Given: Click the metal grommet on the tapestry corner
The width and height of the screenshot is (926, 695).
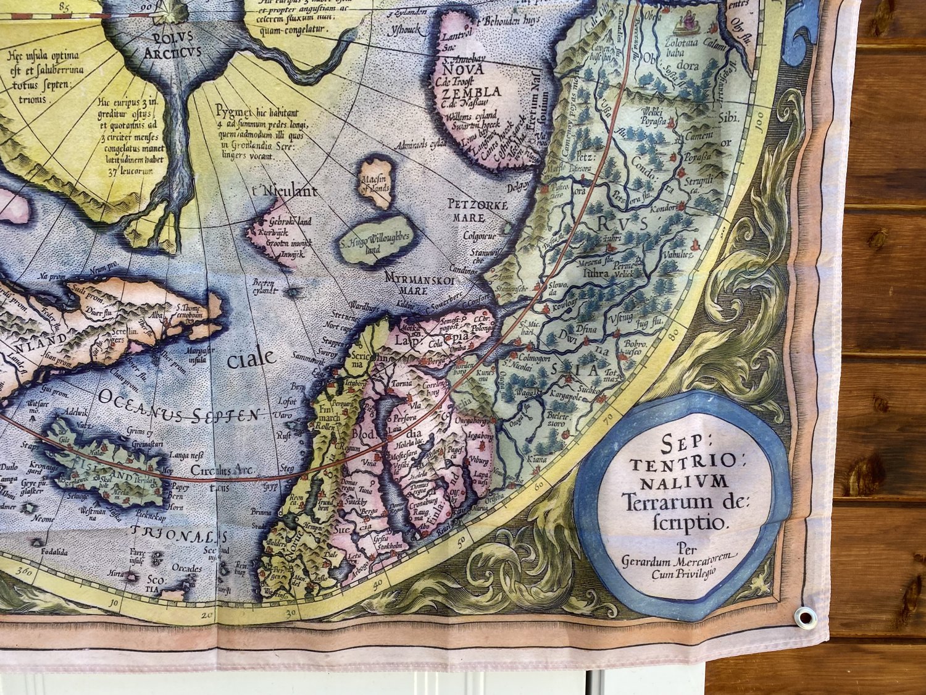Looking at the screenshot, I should (x=804, y=617).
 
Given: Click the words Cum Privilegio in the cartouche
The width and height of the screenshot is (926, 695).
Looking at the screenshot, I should (x=683, y=573).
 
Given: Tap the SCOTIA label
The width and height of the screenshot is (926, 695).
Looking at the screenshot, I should (x=153, y=584).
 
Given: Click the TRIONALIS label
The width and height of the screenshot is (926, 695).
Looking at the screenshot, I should (x=179, y=536).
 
